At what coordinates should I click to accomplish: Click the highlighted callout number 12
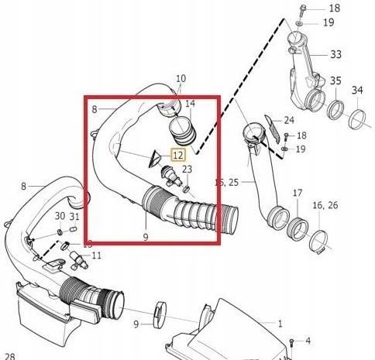[178, 155]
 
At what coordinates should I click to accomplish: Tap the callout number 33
[335, 54]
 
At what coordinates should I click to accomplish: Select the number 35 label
[335, 81]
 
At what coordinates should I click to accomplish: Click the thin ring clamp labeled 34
[357, 118]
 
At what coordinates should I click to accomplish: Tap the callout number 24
[288, 120]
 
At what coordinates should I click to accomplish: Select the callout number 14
[191, 103]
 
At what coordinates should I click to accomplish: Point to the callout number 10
[181, 79]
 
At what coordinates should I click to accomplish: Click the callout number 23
[187, 170]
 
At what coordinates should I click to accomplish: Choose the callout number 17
[297, 193]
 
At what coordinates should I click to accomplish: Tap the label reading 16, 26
[325, 205]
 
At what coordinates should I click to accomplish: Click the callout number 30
[60, 216]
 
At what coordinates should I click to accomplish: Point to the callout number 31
[74, 216]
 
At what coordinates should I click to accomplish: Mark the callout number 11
[96, 255]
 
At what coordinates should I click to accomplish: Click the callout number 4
[308, 340]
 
